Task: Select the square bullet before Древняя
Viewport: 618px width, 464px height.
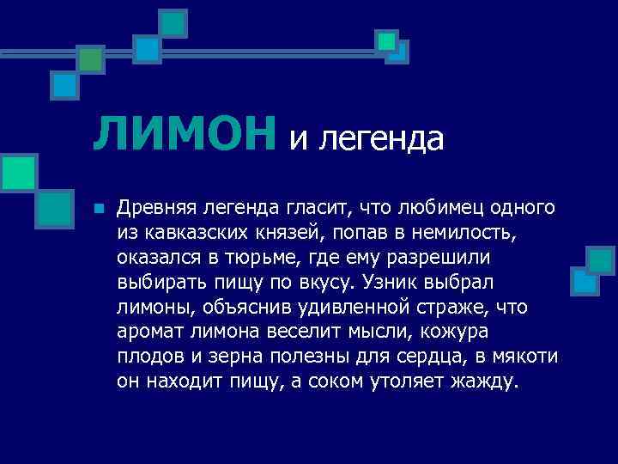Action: point(100,209)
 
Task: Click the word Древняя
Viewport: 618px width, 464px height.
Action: point(158,208)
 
